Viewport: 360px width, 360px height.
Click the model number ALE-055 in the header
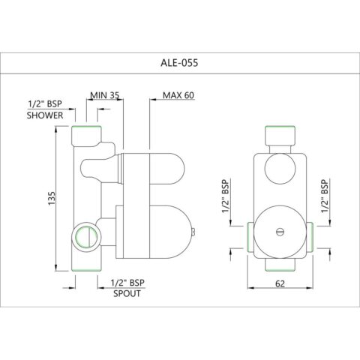pyautogui.click(x=180, y=64)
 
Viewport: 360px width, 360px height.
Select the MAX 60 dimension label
pyautogui.click(x=178, y=96)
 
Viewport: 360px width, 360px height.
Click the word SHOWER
pyautogui.click(x=45, y=117)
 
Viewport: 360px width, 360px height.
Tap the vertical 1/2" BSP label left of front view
pyautogui.click(x=226, y=197)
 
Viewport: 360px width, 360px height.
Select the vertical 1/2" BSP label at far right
pyautogui.click(x=324, y=197)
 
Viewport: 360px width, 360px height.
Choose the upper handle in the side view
pyautogui.click(x=142, y=169)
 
